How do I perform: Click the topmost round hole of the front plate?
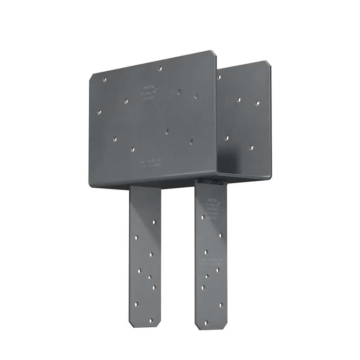click(160, 68)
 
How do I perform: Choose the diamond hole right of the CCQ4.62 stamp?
click(195, 95)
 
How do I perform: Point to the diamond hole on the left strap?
click(149, 277)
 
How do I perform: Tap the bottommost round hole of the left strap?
click(151, 320)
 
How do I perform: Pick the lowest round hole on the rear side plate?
click(251, 147)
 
